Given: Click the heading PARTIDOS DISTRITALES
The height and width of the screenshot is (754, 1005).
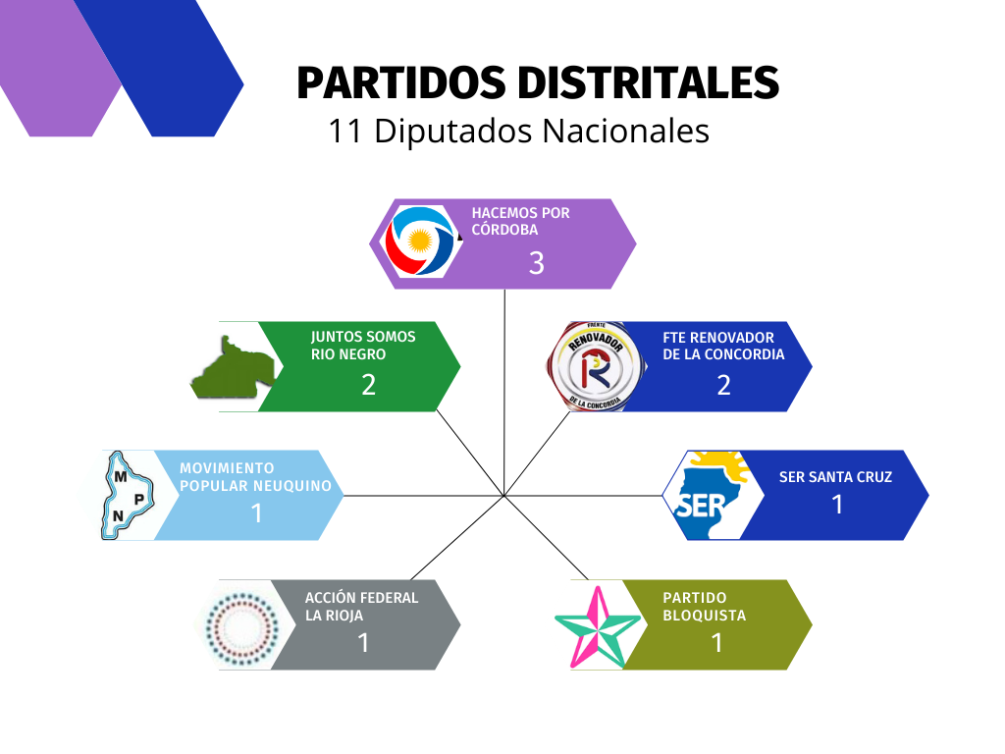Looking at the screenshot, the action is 538,83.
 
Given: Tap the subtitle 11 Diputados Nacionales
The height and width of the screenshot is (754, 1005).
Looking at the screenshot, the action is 518,132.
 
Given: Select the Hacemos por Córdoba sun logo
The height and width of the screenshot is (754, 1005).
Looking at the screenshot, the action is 420,242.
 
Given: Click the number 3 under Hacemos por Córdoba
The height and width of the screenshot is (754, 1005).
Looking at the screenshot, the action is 537,263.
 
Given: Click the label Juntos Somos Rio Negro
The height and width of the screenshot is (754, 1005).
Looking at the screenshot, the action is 363,346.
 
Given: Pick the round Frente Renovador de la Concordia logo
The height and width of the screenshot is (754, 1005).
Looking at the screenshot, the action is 597,366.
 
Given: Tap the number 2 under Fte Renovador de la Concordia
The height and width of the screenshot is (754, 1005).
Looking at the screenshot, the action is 723,385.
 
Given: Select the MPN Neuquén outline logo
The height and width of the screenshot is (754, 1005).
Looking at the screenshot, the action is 128,495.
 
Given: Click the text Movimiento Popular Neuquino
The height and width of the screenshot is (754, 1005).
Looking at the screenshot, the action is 255,477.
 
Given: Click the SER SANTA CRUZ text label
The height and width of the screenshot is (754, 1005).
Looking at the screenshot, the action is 835,477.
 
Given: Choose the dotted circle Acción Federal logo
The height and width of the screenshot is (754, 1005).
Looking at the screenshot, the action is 242,625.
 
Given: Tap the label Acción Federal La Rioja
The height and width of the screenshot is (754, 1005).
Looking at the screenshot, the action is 361,607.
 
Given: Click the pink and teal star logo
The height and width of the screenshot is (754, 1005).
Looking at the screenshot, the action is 598,626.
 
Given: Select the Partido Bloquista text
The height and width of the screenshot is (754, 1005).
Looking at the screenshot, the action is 704,607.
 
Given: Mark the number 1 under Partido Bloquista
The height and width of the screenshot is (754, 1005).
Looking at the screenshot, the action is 717,643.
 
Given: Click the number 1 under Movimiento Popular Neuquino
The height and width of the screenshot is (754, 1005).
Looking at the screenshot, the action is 257,512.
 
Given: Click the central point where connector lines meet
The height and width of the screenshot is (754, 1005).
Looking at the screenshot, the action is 504,496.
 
